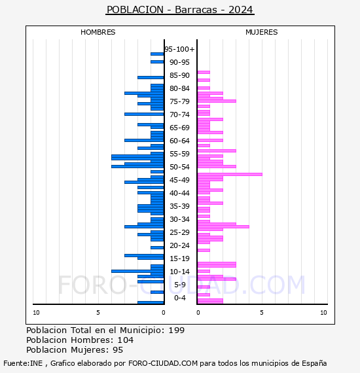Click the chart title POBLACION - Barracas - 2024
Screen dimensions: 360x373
tap(180, 10)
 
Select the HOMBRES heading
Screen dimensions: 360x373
tap(98, 32)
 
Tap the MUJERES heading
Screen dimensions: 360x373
tap(262, 32)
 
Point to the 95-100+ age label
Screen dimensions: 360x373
tap(179, 49)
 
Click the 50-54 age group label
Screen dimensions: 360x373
tap(179, 167)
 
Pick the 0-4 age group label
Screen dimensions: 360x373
tap(180, 298)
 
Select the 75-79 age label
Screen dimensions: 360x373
tap(179, 101)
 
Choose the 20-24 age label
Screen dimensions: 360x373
tap(179, 245)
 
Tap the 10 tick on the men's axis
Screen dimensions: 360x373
tap(36, 313)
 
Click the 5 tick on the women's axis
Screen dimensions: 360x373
tap(262, 313)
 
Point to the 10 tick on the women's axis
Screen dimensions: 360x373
tap(323, 313)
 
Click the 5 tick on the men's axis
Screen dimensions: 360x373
tap(98, 313)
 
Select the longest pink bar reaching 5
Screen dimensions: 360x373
tap(230, 174)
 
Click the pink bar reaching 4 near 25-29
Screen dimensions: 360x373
tap(223, 226)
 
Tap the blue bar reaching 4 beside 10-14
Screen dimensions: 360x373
tap(137, 271)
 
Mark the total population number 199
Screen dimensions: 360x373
tap(177, 330)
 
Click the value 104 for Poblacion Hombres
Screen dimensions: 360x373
tap(126, 340)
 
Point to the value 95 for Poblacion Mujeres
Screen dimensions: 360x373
tap(118, 350)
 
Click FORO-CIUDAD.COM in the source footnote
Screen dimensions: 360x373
tap(163, 363)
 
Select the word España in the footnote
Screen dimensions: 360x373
tap(314, 363)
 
